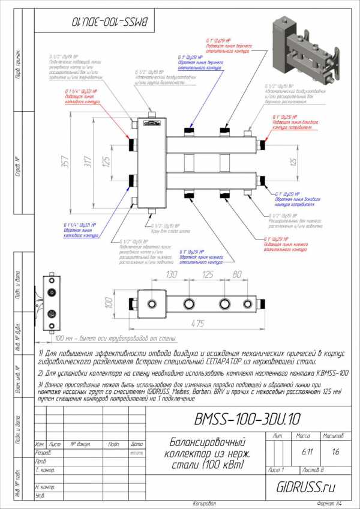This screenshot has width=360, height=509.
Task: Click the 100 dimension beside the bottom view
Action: (109, 300)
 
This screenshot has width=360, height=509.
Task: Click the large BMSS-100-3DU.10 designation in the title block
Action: (248, 418)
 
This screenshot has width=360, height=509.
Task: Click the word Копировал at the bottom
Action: (205, 503)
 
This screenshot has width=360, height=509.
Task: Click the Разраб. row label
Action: (43, 453)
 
